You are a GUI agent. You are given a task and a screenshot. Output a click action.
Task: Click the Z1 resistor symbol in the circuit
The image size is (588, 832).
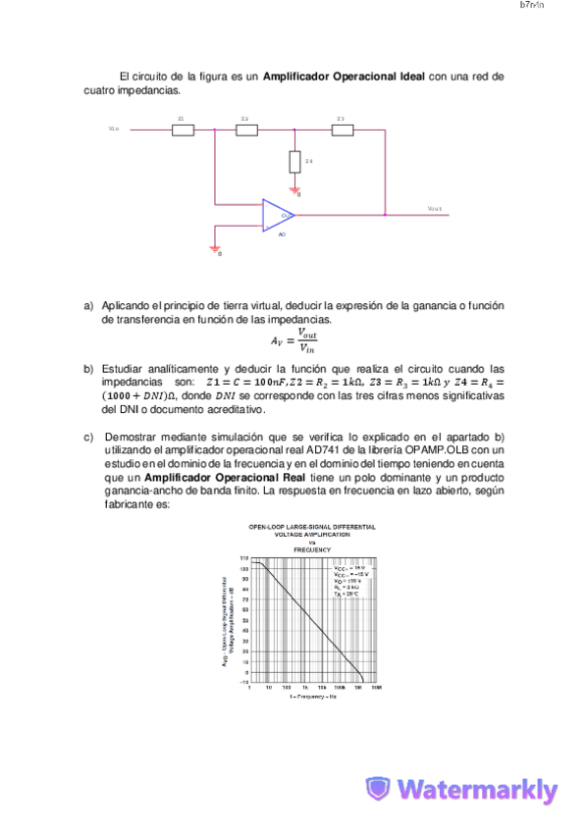click(x=183, y=129)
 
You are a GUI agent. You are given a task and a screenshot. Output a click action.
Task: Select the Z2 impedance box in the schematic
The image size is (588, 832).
click(x=246, y=129)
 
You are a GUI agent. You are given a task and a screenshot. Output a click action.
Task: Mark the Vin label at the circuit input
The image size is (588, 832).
click(x=114, y=128)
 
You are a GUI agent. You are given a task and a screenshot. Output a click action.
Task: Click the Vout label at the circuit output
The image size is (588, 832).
click(x=435, y=209)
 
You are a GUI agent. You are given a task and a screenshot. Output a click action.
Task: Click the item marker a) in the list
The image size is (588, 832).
click(x=88, y=306)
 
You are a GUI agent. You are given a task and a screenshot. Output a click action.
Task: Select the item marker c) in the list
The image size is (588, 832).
click(x=88, y=436)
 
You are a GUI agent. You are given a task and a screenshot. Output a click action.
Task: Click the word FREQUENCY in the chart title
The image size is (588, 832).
click(x=311, y=549)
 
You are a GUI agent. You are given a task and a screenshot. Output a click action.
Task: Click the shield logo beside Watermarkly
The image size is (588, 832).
click(x=379, y=790)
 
